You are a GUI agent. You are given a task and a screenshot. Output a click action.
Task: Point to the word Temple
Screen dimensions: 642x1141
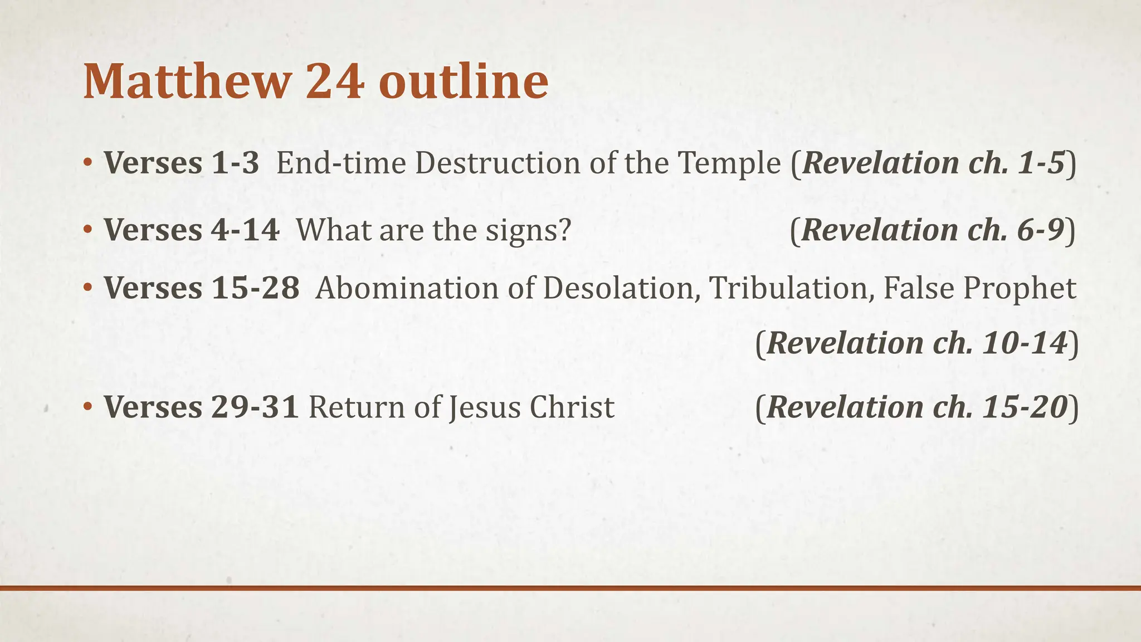[x=729, y=164]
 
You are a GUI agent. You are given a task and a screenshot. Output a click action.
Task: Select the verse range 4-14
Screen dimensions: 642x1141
[x=245, y=230]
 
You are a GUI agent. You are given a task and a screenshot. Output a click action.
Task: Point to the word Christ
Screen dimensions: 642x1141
[x=572, y=407]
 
